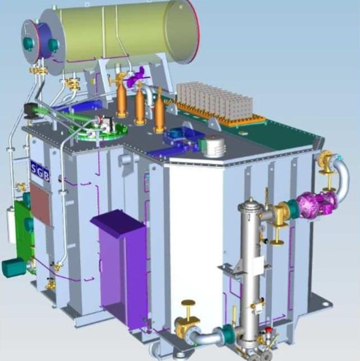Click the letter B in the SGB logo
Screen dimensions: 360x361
[46, 177]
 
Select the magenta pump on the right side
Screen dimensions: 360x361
[318, 204]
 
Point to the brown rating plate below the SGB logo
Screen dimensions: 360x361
[40, 204]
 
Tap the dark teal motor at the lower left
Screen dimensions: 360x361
[14, 268]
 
